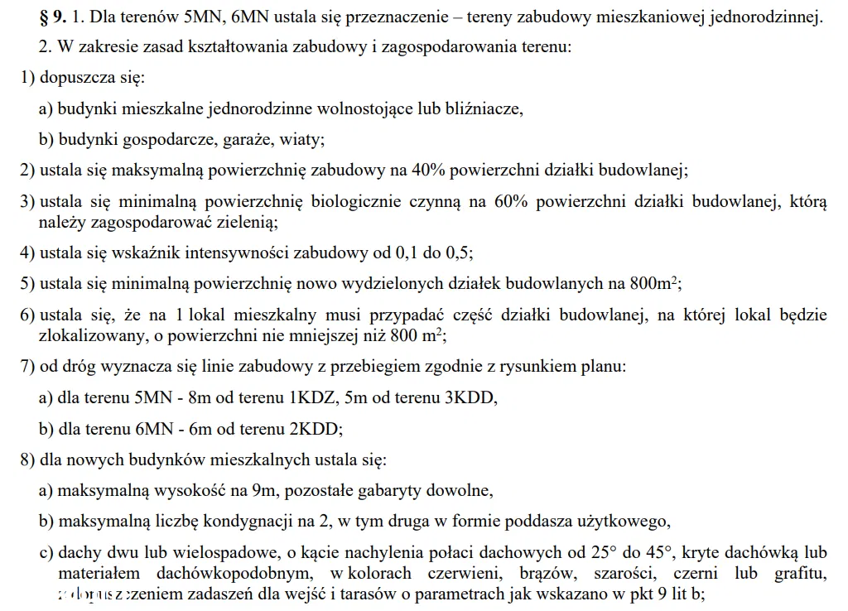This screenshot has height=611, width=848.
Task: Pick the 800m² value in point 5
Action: click(x=654, y=284)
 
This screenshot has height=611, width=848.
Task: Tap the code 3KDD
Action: click(x=470, y=397)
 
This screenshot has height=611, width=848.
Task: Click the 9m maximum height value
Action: click(x=263, y=490)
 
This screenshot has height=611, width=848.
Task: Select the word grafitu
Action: click(x=800, y=573)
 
